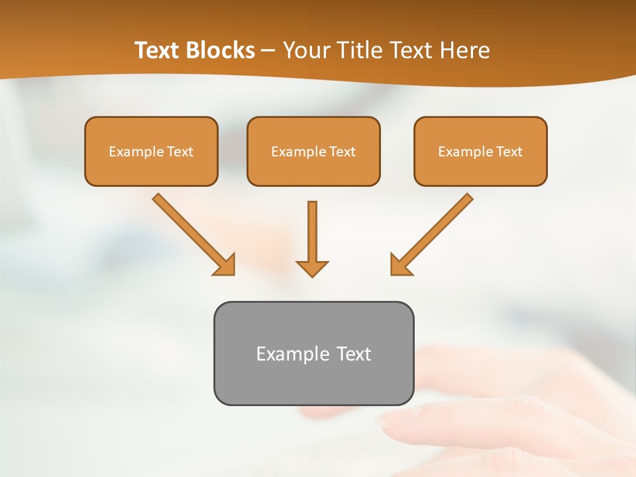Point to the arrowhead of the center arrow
pos(312,268)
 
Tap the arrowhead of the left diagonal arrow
pos(225,265)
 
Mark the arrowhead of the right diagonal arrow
pos(400,265)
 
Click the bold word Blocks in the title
pos(221,50)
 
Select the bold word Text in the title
pos(158,50)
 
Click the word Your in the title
pos(306,50)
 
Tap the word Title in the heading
pos(358,50)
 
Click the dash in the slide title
pos(268,51)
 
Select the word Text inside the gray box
pos(354,354)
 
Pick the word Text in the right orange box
pos(509,152)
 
